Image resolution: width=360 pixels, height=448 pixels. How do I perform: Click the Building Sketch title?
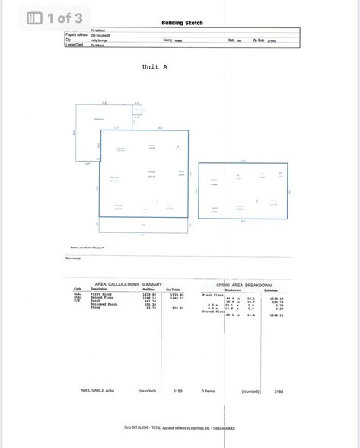point(182,23)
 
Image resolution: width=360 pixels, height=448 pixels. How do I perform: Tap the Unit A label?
point(155,67)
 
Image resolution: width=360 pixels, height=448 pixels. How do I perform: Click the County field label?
point(167,40)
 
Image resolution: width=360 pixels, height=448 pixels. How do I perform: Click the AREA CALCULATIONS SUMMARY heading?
point(128,284)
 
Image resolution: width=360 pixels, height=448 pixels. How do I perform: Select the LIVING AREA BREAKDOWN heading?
point(244,284)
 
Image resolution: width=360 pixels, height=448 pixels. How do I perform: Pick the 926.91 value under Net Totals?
point(177,308)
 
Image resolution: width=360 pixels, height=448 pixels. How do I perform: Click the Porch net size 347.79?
point(149,301)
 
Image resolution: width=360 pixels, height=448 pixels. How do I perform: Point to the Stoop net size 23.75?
point(149,308)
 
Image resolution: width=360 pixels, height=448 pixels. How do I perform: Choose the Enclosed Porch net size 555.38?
point(149,304)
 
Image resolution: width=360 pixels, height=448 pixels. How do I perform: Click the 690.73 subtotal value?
point(276,302)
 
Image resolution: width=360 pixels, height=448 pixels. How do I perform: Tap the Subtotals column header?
point(271,290)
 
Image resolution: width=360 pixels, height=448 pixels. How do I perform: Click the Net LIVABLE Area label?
point(97,390)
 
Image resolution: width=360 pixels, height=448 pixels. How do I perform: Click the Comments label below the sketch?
point(73,258)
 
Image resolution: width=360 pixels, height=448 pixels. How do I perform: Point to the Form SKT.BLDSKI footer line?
point(180,427)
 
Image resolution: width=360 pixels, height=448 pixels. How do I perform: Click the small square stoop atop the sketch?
point(138,110)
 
